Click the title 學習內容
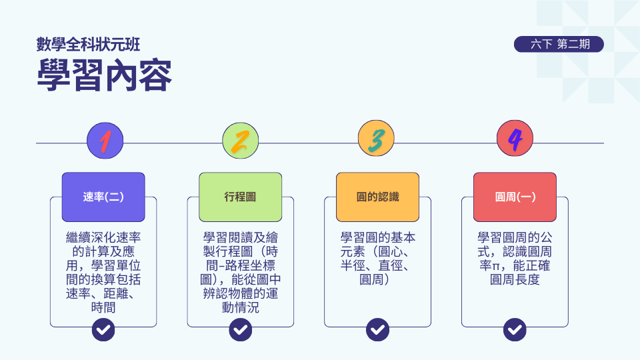[x=104, y=75]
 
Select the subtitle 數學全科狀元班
[x=88, y=45]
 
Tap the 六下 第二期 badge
[x=559, y=44]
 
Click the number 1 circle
[x=105, y=141]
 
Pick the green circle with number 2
[x=241, y=141]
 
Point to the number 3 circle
[x=376, y=139]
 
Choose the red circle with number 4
[x=515, y=139]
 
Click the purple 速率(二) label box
[x=103, y=197]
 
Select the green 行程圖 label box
[x=241, y=197]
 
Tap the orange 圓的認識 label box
[x=377, y=197]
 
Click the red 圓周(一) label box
[x=515, y=197]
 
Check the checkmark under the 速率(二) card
[x=103, y=329]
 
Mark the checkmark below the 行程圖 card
[x=241, y=329]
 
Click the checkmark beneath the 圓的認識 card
[x=377, y=329]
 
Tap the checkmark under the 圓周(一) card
[x=515, y=329]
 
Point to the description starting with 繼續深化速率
[x=103, y=272]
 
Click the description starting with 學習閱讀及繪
[x=241, y=272]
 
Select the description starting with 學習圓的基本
[x=377, y=259]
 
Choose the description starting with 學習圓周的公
[x=515, y=259]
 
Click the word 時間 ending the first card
[x=103, y=307]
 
